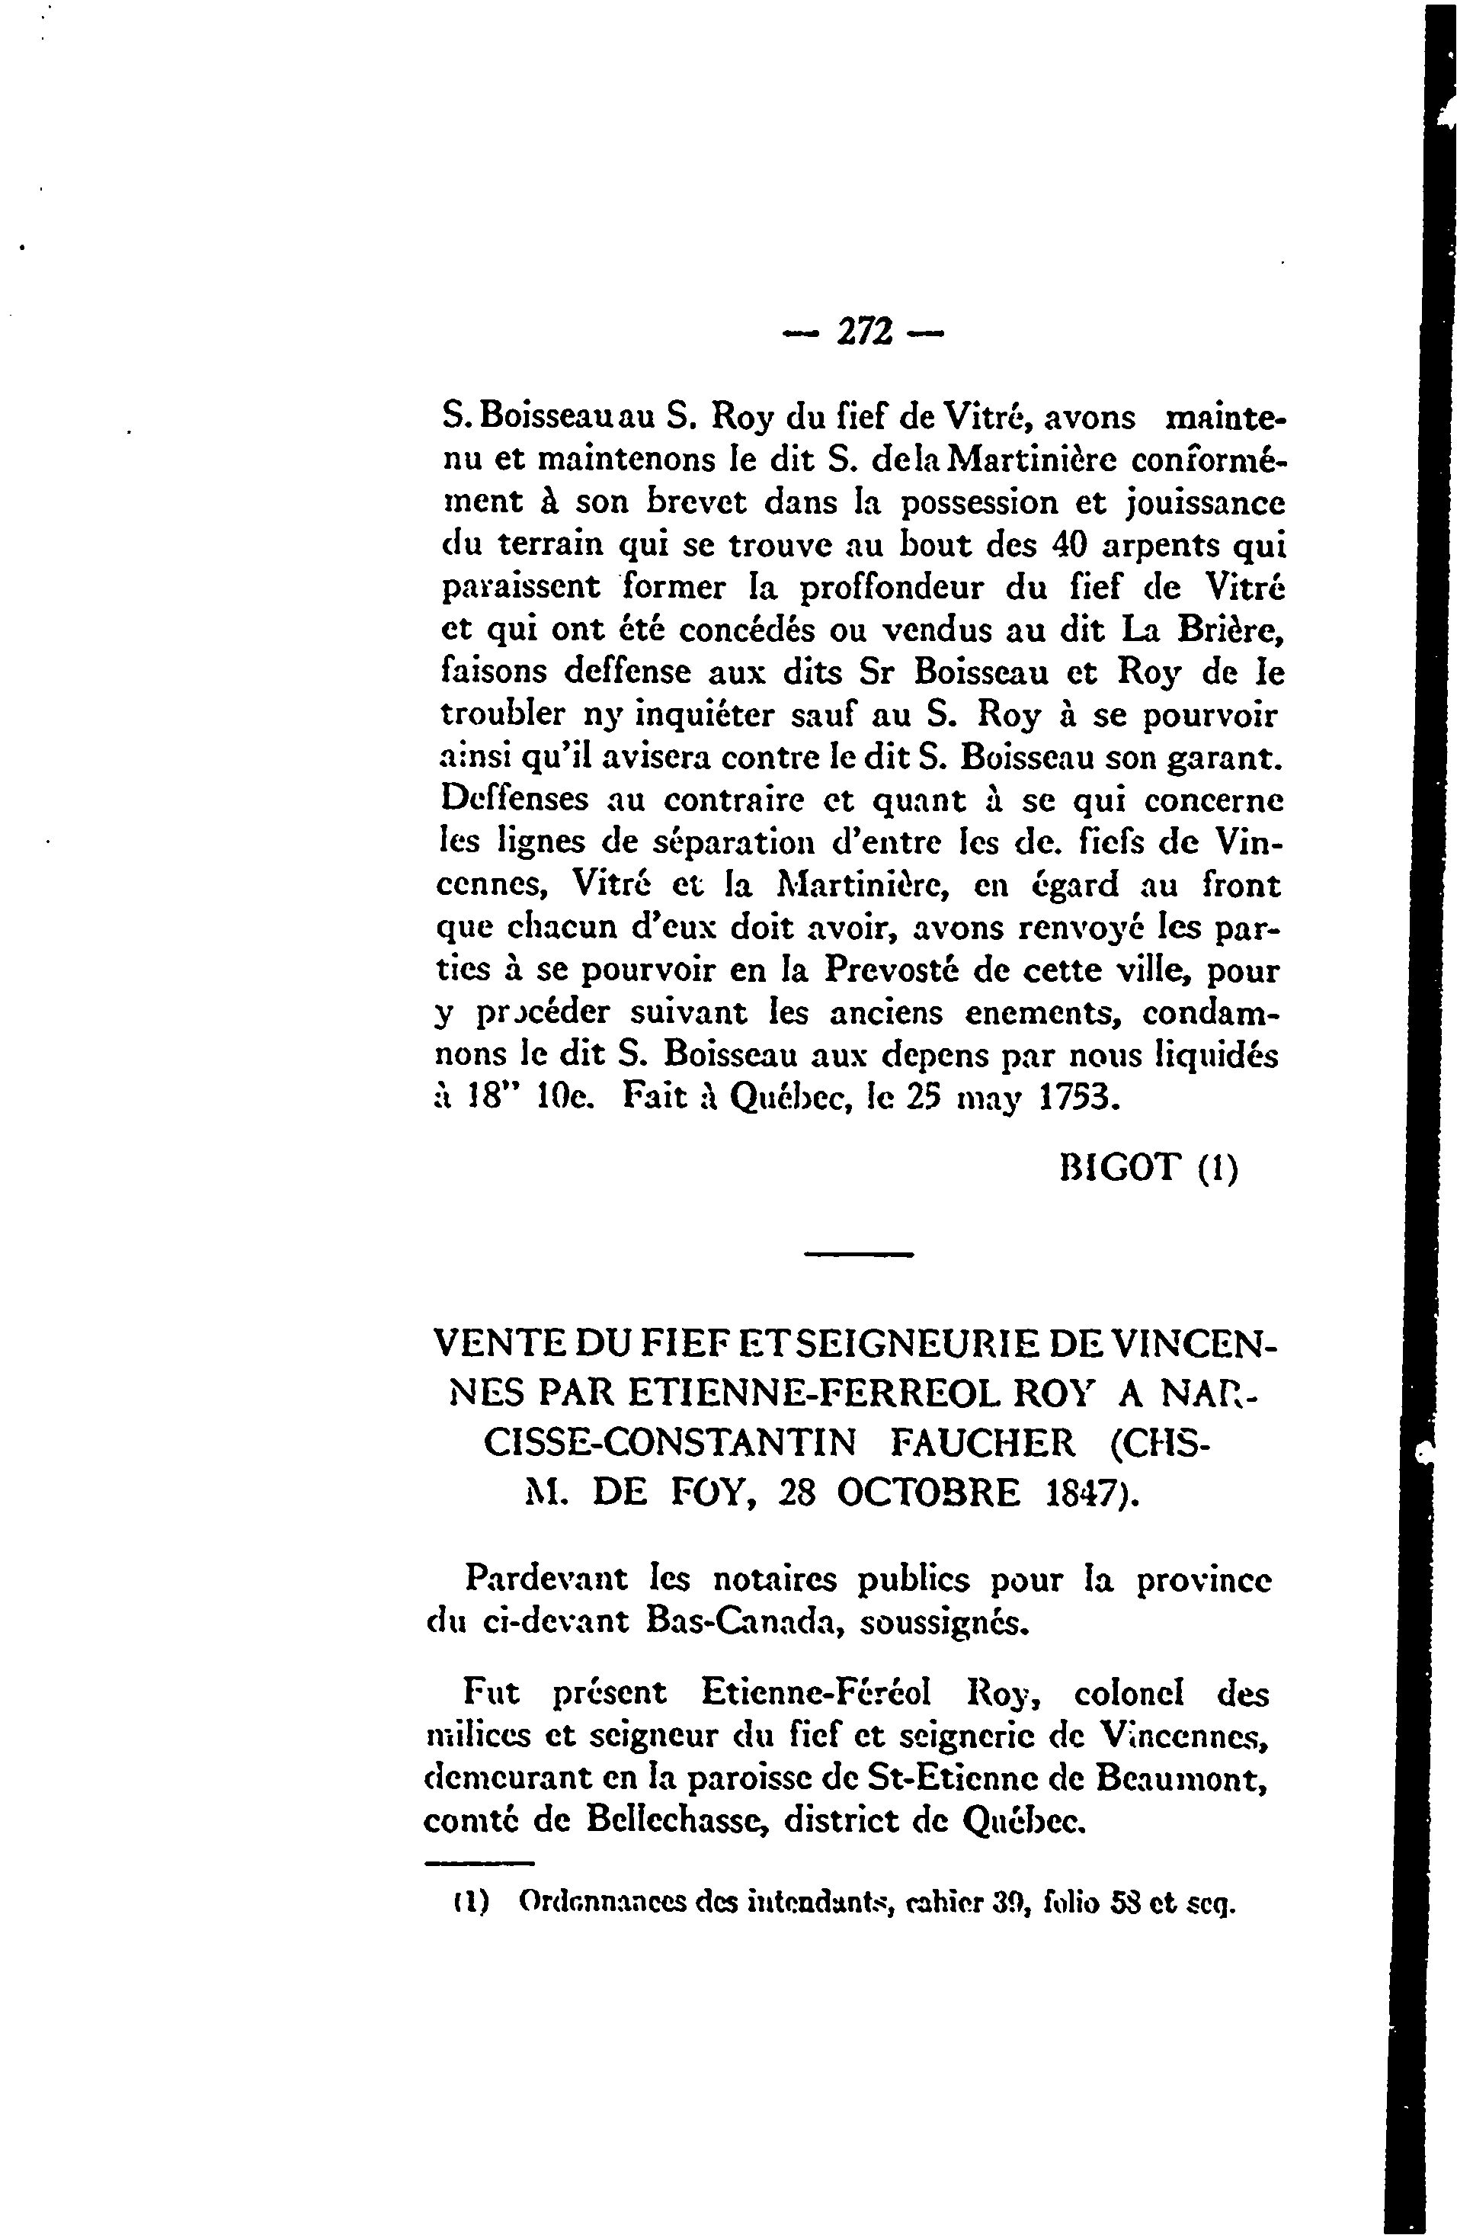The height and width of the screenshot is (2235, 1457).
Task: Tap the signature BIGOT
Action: coord(1117,1166)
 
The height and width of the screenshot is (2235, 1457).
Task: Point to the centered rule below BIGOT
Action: coord(859,1255)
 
